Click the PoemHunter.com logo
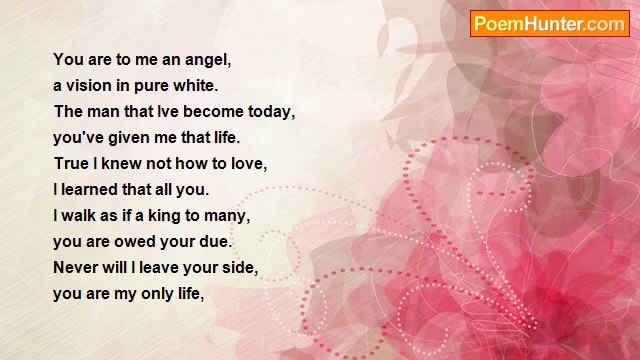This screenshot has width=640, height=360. (x=548, y=24)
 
